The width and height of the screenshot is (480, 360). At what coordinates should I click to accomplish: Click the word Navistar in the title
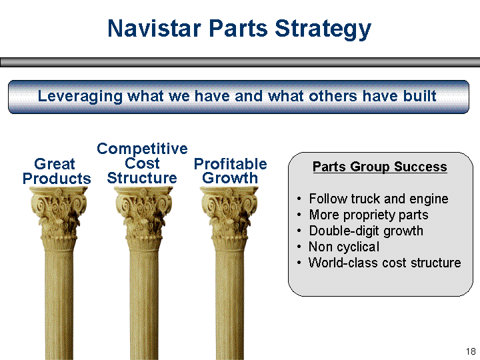click(x=154, y=28)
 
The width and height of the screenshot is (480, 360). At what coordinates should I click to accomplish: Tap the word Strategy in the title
click(x=323, y=30)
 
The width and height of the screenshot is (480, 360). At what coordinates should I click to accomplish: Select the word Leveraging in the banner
click(x=80, y=97)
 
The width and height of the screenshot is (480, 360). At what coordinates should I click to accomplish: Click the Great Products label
click(x=57, y=171)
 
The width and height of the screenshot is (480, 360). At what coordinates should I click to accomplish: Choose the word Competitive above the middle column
click(x=142, y=149)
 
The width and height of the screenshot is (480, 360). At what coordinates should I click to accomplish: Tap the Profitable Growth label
click(x=230, y=171)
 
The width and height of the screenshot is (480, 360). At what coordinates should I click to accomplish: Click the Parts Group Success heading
click(x=379, y=167)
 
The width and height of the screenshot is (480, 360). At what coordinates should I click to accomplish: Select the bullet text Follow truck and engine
click(x=379, y=199)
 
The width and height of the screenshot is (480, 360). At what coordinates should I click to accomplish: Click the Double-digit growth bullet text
click(x=366, y=231)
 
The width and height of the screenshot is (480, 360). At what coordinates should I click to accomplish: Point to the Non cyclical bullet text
click(x=344, y=247)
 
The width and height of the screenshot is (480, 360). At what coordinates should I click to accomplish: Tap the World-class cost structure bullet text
click(x=385, y=263)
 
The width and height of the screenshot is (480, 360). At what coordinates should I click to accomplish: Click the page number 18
click(x=471, y=351)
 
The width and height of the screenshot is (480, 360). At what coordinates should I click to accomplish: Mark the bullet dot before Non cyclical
click(x=299, y=247)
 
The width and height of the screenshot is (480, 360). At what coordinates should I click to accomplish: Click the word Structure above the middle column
click(x=142, y=178)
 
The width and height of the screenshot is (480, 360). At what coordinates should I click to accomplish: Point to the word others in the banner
click(x=333, y=96)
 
